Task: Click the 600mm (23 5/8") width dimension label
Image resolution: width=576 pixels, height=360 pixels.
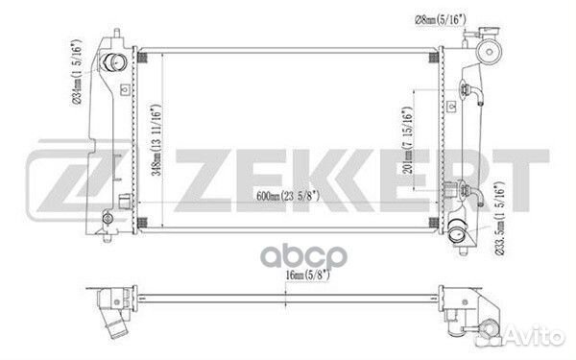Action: point(288,196)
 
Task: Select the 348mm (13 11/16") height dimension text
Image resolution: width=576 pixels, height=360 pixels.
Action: point(156,140)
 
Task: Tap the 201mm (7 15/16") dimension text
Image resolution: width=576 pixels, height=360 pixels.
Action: point(407,140)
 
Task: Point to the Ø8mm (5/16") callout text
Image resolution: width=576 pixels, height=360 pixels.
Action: point(439,19)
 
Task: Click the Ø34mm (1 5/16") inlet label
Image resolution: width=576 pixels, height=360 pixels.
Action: point(78,73)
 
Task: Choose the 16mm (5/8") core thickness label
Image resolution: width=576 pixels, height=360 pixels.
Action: point(308,275)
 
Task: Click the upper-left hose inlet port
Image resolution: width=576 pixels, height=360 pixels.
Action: point(115,62)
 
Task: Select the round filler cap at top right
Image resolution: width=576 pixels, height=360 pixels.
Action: point(489,52)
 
